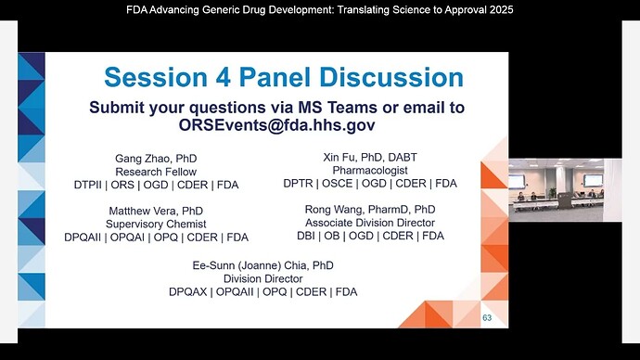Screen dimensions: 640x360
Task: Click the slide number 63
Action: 487,318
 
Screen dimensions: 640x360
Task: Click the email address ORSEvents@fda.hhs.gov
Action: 276,125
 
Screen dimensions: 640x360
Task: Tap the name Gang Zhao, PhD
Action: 156,159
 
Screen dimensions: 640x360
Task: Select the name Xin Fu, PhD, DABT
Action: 370,157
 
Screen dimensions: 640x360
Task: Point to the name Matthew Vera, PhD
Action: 156,211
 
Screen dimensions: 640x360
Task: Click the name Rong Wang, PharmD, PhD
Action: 370,210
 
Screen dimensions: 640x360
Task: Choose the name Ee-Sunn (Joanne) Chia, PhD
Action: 262,265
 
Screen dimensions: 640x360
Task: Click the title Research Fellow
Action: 156,172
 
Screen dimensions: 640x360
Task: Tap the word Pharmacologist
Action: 370,170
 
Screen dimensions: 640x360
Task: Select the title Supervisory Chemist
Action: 156,224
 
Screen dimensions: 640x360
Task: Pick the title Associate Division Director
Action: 370,223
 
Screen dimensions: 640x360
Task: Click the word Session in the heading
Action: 156,77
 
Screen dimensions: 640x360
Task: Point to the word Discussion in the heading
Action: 391,77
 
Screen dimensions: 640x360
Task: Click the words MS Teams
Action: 338,108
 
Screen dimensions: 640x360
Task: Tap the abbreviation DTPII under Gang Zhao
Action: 88,185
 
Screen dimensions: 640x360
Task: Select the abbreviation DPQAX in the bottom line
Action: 187,292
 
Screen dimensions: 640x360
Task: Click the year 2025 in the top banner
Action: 501,10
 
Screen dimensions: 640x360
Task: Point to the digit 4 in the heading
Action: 224,77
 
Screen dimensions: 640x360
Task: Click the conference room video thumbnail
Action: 556,190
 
